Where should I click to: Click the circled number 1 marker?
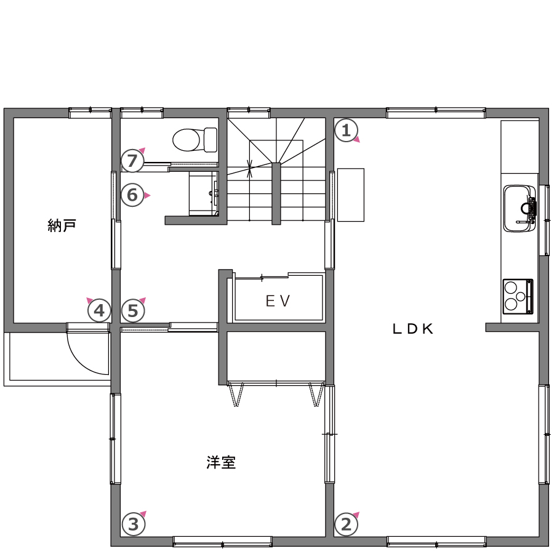tap(346, 131)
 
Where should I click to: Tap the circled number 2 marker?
tap(346, 524)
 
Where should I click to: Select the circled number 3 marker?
tap(134, 524)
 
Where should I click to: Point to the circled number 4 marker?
tap(99, 311)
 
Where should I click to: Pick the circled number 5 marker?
tap(133, 311)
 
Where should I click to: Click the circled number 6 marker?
tap(132, 195)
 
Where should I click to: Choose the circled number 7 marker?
tap(132, 161)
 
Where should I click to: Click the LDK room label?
tap(412, 329)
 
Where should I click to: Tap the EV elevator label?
tap(278, 301)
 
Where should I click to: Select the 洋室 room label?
tap(221, 462)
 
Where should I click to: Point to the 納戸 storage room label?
tap(62, 225)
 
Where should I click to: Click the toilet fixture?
tap(195, 140)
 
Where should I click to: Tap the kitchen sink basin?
tap(520, 209)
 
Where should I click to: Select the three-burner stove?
tap(518, 297)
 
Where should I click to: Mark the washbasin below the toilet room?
tap(204, 193)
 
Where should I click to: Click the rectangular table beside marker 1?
tap(350, 195)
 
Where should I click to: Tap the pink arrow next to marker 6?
tap(147, 195)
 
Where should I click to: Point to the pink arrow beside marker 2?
tap(356, 515)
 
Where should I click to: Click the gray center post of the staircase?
tap(276, 194)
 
